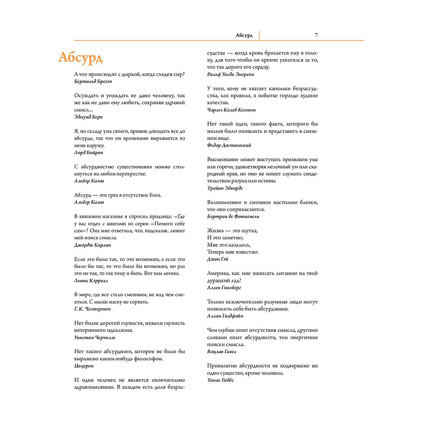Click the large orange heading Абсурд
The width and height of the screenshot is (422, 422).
point(80,57)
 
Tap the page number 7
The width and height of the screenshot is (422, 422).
point(316,35)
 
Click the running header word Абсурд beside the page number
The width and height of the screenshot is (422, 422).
point(244,35)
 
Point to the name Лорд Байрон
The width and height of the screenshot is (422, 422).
point(88,152)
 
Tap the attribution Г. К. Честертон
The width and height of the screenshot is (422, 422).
point(92,309)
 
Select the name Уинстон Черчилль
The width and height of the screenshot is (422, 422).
point(95,338)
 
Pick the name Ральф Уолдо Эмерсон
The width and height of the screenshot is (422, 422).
point(231,74)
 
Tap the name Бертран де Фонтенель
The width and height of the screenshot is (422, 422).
point(233,216)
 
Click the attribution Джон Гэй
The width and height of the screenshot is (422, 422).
point(218,259)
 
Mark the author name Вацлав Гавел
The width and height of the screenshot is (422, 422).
point(222,351)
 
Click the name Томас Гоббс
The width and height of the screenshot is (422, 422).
point(221,380)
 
